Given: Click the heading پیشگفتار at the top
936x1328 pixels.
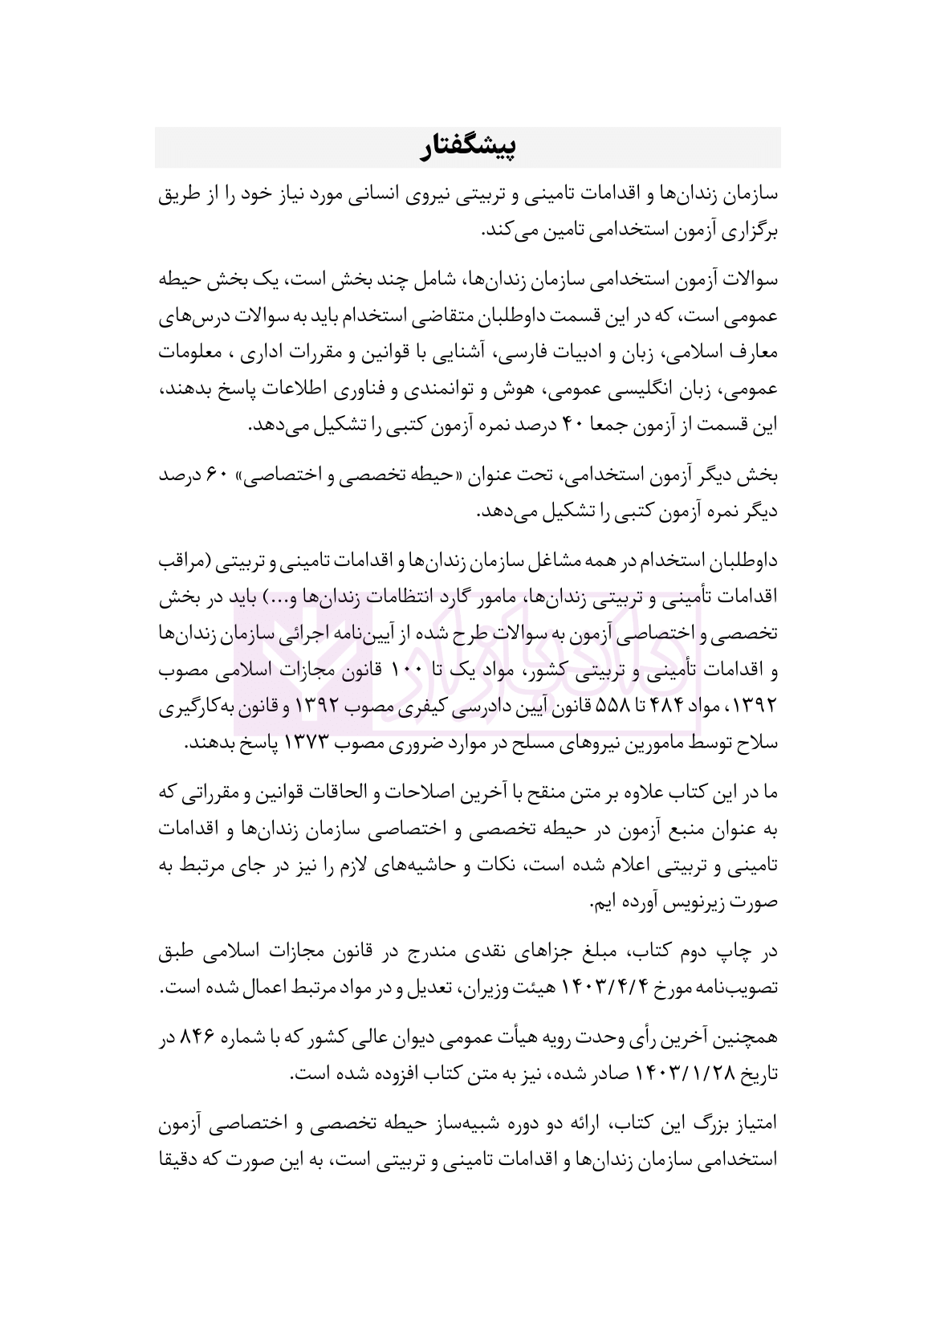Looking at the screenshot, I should point(468,147).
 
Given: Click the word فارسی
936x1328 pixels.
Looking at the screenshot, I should point(531,353).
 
